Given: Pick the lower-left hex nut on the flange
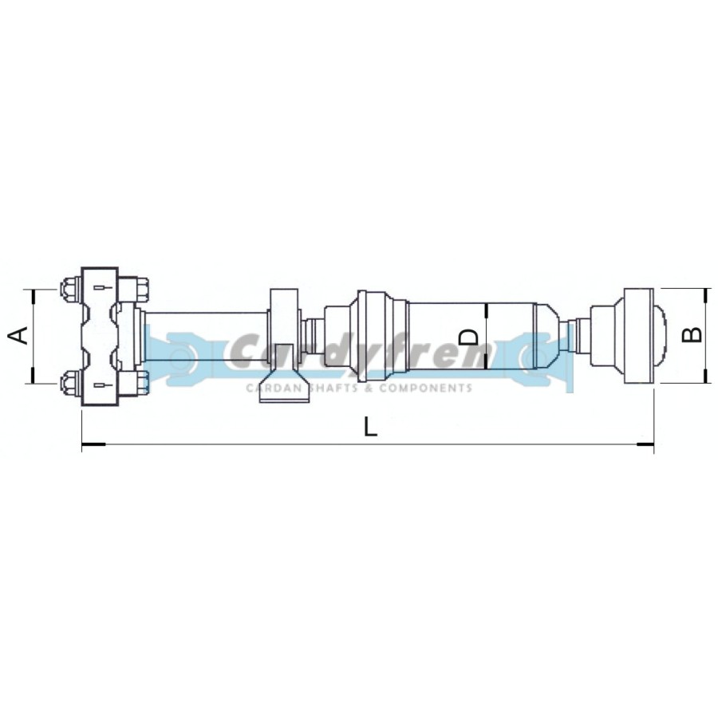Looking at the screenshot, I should pos(69,383).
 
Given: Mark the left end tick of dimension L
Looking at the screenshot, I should pos(82,444).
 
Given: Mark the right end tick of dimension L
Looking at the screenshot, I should pos(653,444).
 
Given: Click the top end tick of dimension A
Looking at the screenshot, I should pos(33,289).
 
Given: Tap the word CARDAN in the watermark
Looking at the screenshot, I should pos(274,389).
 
